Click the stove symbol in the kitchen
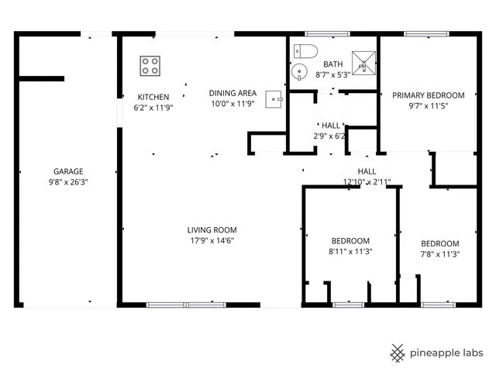tap(150, 66)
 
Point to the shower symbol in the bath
tap(362, 61)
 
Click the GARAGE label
tap(68, 171)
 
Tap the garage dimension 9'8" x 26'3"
tap(68, 183)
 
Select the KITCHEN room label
tap(153, 96)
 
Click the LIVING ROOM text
tap(212, 229)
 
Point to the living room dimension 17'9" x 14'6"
tap(212, 241)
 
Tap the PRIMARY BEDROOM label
tap(428, 95)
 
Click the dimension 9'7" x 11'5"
tap(428, 107)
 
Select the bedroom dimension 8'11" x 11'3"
tap(350, 252)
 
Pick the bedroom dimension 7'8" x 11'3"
tap(439, 254)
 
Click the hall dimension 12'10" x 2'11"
tap(367, 182)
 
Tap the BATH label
tap(332, 64)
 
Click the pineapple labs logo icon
tap(398, 353)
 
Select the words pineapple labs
tap(447, 353)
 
